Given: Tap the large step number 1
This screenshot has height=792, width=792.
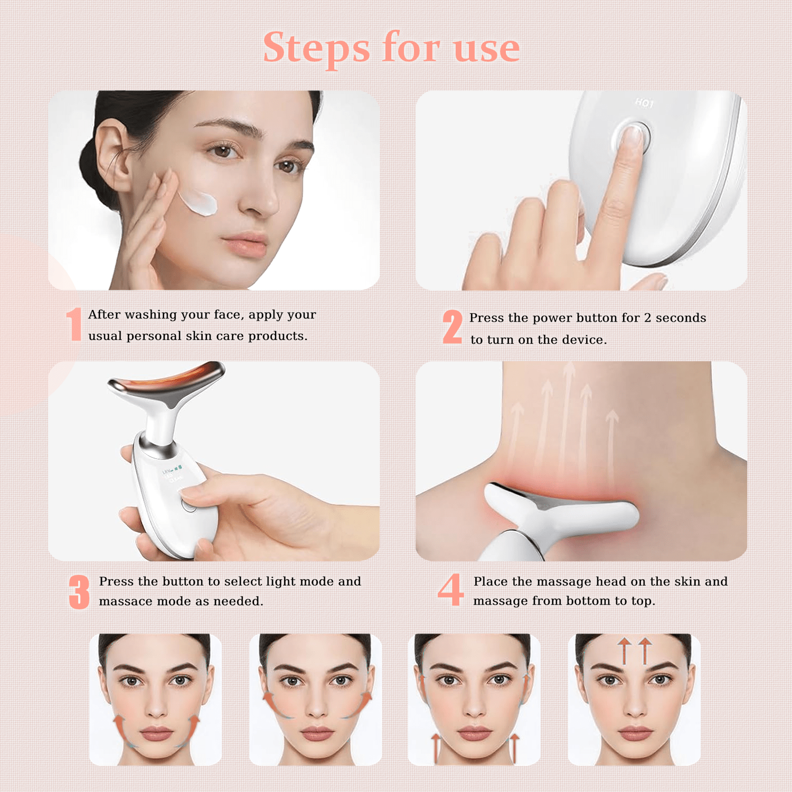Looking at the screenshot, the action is point(74,324).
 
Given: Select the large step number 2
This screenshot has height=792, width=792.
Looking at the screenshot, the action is point(452,327).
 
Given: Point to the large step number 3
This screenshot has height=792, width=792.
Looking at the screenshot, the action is point(79,592).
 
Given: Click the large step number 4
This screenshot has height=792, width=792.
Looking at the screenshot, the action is point(451,589).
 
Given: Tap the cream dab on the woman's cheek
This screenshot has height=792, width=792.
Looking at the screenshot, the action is point(198,202).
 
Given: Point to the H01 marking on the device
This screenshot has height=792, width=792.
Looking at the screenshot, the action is point(644,103).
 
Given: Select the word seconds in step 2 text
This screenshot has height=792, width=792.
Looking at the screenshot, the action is point(681,318).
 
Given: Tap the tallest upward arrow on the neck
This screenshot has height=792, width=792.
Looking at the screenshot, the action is point(568,417).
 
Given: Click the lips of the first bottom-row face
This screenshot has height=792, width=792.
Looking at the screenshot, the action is point(156,733).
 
